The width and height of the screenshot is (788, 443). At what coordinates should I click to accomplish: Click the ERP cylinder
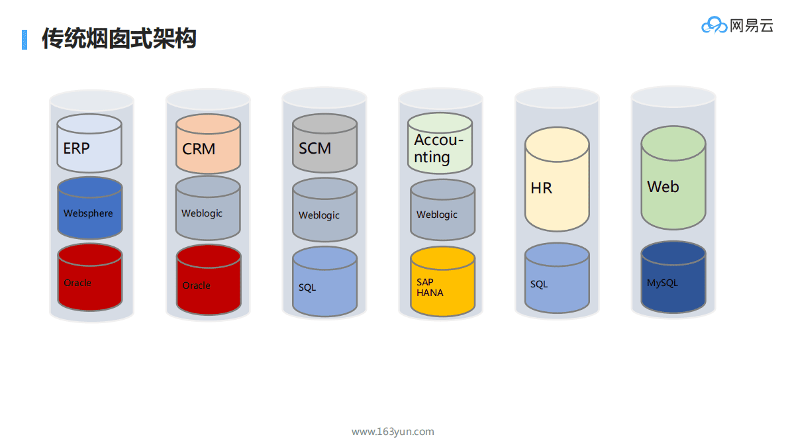(89, 144)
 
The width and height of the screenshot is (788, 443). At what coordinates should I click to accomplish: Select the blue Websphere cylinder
(89, 209)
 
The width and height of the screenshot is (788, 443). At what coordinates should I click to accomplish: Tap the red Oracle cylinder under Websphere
(89, 278)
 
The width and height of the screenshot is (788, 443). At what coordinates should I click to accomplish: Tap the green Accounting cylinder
(440, 144)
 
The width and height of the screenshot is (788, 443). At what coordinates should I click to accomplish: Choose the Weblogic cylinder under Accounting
(442, 211)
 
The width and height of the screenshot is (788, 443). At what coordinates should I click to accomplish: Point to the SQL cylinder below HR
(557, 279)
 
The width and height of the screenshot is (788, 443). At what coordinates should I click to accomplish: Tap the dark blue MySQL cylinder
(673, 277)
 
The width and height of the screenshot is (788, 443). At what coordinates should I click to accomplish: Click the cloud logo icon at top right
(714, 26)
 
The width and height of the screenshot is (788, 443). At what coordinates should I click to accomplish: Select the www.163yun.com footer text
(393, 432)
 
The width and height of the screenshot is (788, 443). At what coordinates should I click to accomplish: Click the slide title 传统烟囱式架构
(119, 38)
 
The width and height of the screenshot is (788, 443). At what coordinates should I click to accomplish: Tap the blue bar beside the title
(25, 39)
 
